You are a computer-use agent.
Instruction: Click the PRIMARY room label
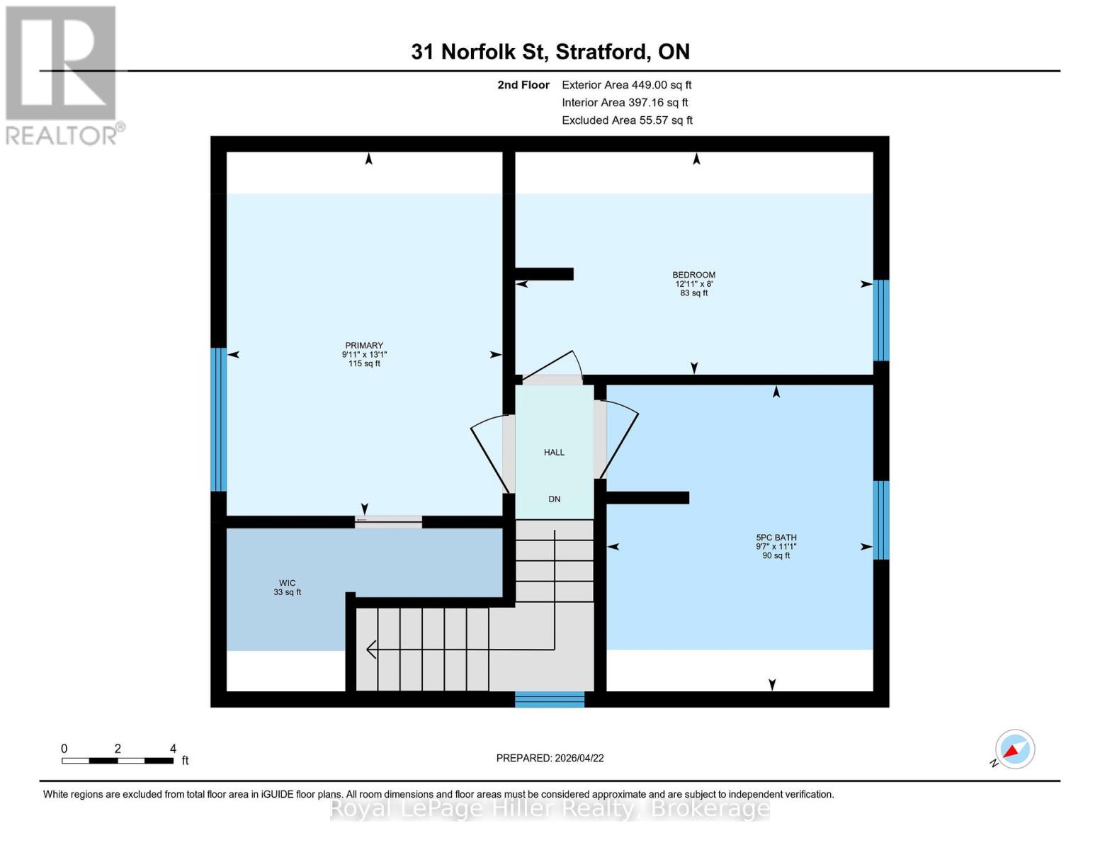364,346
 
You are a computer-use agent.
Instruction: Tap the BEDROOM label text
693,275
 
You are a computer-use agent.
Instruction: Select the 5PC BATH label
776,538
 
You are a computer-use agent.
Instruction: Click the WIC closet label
287,584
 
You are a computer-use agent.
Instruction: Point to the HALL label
554,453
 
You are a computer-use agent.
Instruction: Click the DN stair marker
554,499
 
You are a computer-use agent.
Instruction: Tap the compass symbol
1014,749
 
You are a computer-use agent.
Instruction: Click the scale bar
118,761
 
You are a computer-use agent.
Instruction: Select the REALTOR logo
62,74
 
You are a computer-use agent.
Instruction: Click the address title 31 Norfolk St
550,52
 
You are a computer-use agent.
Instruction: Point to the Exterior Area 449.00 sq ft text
626,85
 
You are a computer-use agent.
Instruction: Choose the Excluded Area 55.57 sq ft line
627,120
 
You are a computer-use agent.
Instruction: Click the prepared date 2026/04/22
550,758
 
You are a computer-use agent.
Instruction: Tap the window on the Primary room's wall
218,419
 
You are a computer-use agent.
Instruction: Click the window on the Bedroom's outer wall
880,320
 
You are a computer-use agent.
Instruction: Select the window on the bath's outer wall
880,520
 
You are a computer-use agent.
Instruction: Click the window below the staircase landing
550,700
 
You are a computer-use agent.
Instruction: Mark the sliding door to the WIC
388,522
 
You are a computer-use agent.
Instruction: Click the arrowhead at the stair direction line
370,649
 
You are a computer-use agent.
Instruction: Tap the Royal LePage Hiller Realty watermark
550,808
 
